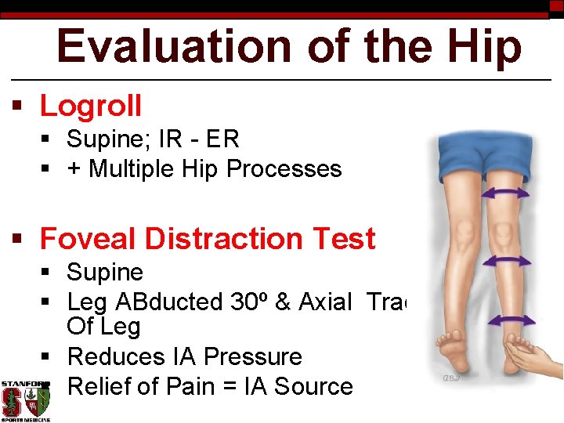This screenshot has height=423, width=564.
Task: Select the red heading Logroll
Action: (91, 106)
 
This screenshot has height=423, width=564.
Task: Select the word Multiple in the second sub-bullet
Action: (135, 169)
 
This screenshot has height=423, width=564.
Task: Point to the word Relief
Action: (99, 386)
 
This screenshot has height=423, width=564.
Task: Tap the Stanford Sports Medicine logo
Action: (25, 400)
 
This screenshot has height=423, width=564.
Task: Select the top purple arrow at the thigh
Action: (504, 193)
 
